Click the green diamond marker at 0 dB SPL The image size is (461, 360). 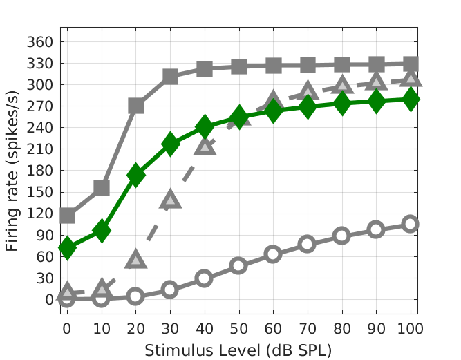tap(67, 247)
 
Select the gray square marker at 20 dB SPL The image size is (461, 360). tap(136, 106)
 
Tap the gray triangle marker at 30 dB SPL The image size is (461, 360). tap(170, 200)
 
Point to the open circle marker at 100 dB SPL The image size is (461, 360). tap(411, 224)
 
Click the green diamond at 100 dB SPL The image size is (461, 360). tap(411, 100)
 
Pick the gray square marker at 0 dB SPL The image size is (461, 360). tap(67, 216)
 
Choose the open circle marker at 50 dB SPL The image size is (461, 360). tap(238, 265)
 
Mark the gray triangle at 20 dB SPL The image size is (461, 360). tap(136, 259)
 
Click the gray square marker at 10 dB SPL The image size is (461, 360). tap(102, 188)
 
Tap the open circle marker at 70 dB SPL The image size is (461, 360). tap(308, 244)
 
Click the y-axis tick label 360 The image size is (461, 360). tap(40, 42)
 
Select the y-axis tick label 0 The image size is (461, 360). tap(48, 300)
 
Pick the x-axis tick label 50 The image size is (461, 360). tap(238, 327)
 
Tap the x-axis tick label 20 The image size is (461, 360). tap(136, 327)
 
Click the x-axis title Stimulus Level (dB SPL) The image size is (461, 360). tap(238, 350)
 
